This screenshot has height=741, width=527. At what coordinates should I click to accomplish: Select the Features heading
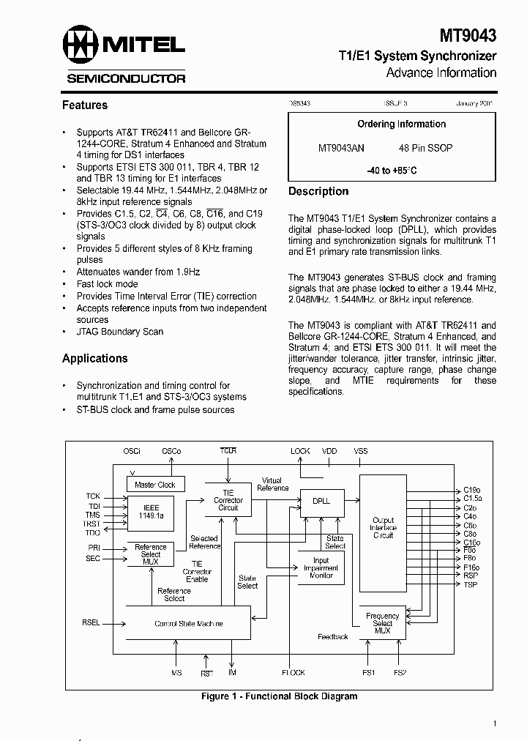point(85,105)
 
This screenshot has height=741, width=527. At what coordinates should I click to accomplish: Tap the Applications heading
point(94,358)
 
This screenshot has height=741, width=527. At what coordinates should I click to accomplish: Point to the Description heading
point(318,191)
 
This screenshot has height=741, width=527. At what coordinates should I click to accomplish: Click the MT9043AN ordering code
point(341,148)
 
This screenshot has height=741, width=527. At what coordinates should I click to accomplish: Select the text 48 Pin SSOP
point(425,148)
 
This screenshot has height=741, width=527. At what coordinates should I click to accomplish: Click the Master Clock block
point(155,485)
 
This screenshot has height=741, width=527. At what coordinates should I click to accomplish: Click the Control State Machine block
point(188,624)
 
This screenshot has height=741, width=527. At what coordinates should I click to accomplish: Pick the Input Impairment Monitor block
point(321,568)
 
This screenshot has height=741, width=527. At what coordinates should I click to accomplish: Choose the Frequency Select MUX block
point(382,623)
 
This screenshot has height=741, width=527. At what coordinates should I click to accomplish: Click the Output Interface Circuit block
point(383,527)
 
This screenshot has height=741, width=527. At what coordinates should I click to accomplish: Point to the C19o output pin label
point(472,490)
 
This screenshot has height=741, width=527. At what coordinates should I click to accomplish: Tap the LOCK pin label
point(300,451)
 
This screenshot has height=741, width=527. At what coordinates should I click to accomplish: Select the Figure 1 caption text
point(279,697)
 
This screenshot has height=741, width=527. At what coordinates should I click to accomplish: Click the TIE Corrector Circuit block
point(228,500)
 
